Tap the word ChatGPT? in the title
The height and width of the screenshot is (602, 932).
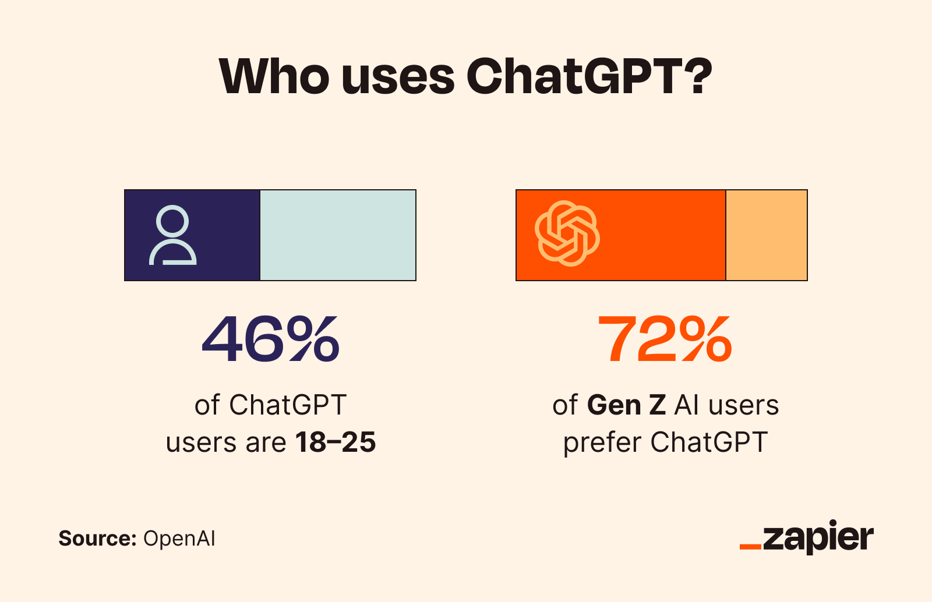[589, 76]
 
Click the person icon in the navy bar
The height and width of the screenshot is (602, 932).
[173, 235]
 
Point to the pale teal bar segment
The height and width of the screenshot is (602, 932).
[338, 235]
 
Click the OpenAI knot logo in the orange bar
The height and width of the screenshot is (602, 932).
[567, 233]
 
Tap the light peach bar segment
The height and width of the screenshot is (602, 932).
[767, 235]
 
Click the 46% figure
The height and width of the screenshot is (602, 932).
[270, 339]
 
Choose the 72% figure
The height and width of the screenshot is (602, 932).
[665, 339]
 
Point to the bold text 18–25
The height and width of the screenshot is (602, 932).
[336, 442]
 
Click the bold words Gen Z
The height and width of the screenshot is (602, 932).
[626, 405]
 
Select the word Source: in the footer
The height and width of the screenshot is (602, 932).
[97, 539]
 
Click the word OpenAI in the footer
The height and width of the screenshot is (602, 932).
[179, 539]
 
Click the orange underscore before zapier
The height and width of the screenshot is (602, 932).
[750, 547]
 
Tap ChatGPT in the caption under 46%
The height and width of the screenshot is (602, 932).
[288, 405]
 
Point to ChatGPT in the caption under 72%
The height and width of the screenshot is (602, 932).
[709, 442]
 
